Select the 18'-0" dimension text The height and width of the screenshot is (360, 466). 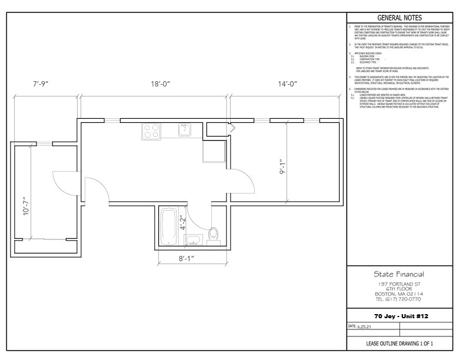click(160, 84)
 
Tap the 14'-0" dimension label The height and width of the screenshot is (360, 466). click(288, 84)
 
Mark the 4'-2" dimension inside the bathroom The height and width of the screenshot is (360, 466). click(183, 224)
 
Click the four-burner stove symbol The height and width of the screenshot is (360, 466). click(151, 131)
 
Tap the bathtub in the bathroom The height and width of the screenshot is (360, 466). click(168, 226)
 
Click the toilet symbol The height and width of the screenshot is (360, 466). click(213, 235)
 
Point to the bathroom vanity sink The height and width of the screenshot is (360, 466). click(192, 239)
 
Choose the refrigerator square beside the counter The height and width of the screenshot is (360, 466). click(212, 151)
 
